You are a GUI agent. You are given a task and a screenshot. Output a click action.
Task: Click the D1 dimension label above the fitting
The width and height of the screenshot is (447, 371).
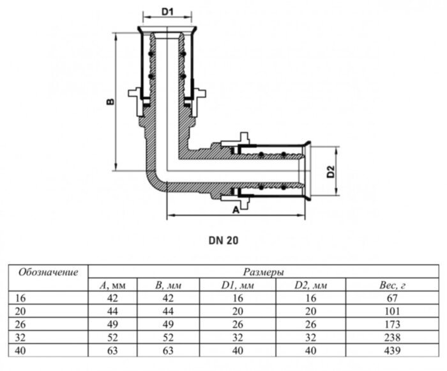pos(167,11)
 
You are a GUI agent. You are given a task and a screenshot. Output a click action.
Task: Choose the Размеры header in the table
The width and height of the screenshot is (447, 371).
pos(264,272)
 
